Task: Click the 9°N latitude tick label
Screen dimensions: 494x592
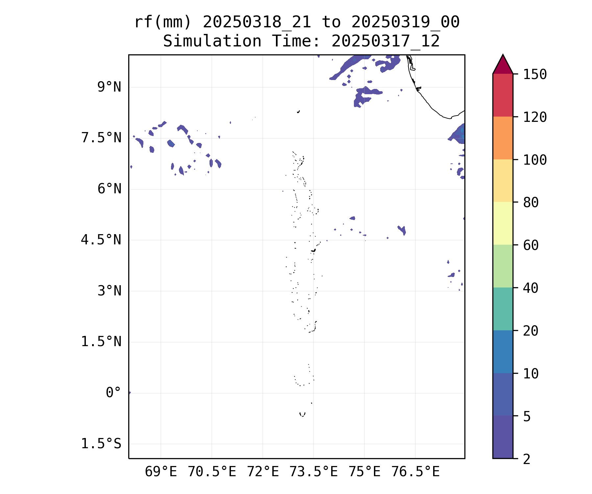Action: click(109, 87)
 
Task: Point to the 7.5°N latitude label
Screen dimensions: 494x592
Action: click(101, 138)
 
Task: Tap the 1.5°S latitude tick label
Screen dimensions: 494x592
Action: click(101, 444)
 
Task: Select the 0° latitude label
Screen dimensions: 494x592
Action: click(113, 393)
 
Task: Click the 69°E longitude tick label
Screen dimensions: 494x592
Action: click(161, 472)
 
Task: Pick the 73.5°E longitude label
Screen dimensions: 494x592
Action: click(313, 472)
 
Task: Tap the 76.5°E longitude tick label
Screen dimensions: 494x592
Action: click(415, 472)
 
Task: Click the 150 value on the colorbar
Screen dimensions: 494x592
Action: click(535, 74)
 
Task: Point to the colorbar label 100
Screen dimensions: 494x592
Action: click(535, 160)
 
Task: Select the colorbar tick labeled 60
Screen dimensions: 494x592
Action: click(531, 245)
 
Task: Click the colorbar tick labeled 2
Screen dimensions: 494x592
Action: click(527, 459)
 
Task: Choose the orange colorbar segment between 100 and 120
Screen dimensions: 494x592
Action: click(503, 138)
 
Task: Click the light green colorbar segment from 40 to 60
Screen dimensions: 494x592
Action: click(503, 266)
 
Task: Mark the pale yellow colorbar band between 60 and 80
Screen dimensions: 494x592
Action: click(503, 223)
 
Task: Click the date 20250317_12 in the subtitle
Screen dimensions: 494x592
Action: click(385, 41)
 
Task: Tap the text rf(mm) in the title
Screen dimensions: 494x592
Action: click(163, 22)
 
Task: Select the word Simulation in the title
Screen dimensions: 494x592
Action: click(212, 41)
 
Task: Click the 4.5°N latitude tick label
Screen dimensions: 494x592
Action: click(101, 240)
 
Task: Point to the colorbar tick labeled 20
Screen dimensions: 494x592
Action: click(531, 331)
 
